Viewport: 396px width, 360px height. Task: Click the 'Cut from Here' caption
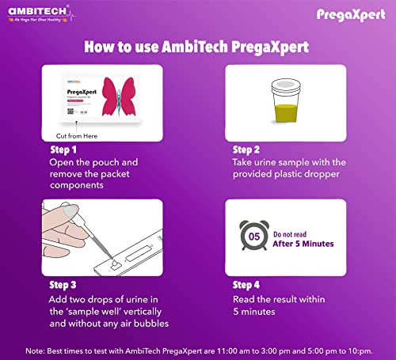(x=76, y=135)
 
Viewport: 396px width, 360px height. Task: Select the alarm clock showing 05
(x=254, y=235)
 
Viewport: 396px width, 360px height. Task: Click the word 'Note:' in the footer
(x=36, y=350)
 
